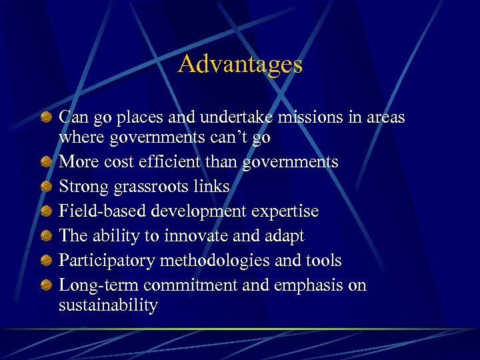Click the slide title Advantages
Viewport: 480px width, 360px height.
point(240,65)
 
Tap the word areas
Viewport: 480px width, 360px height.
point(383,117)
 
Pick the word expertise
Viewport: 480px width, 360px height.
point(289,211)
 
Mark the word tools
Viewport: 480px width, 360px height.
point(323,261)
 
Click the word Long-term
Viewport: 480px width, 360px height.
point(98,285)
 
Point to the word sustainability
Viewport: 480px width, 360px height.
point(108,306)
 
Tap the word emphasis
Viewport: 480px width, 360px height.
point(312,285)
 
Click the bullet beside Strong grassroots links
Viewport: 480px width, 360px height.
point(45,187)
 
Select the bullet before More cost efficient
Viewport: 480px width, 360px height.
point(45,162)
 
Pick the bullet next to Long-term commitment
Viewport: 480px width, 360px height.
point(45,285)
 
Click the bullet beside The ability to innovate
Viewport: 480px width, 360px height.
point(45,236)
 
